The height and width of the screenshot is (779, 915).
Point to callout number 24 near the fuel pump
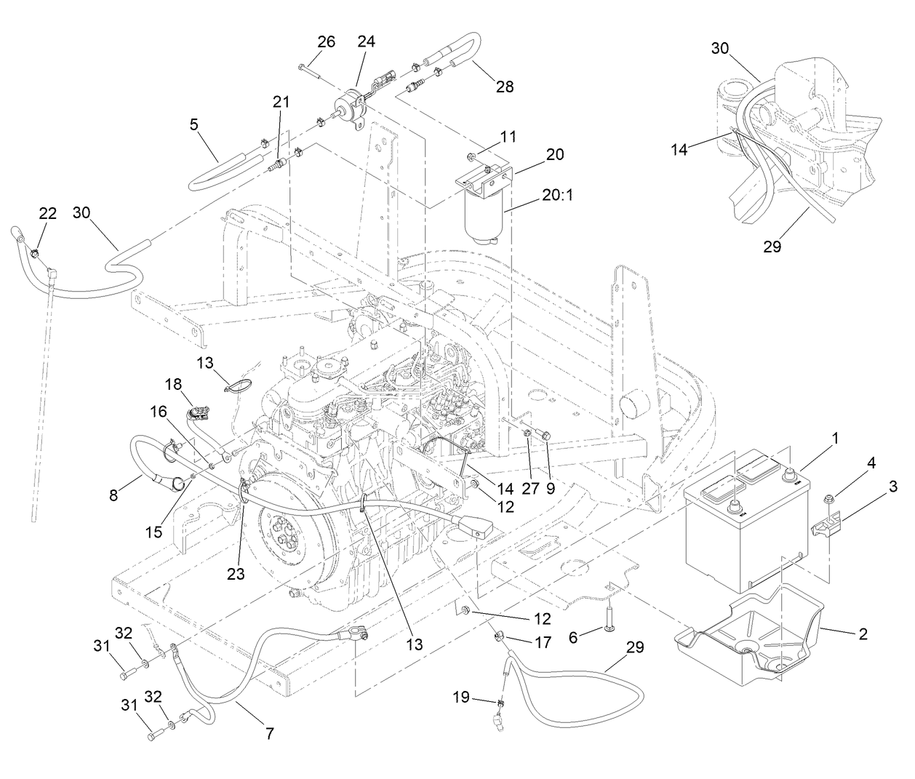pyautogui.click(x=366, y=41)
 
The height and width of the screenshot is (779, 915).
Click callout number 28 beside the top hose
pyautogui.click(x=504, y=87)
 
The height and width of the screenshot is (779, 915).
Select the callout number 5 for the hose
pyautogui.click(x=193, y=124)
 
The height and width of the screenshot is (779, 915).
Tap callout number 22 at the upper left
pyautogui.click(x=47, y=213)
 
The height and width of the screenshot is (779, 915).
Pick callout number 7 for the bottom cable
pyautogui.click(x=269, y=734)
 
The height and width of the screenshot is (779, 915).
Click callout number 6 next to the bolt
pyautogui.click(x=573, y=637)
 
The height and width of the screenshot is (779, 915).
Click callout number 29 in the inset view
pyautogui.click(x=772, y=247)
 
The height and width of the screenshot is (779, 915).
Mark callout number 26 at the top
pyautogui.click(x=326, y=41)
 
